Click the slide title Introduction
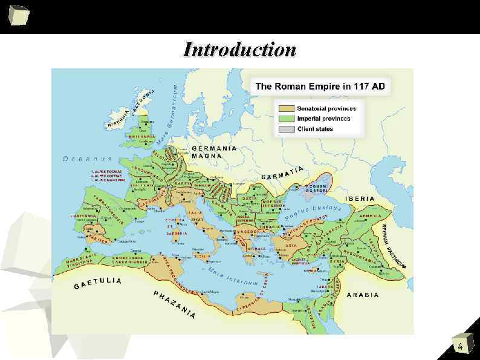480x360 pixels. (x=240, y=49)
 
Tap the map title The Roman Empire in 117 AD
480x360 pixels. (x=320, y=87)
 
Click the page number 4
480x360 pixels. (x=461, y=347)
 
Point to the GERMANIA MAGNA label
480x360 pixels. (x=213, y=152)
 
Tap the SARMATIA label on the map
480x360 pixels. (x=282, y=173)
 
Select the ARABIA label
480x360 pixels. (x=363, y=295)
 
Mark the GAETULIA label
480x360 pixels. (x=98, y=283)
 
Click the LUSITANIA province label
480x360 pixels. (x=83, y=215)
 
